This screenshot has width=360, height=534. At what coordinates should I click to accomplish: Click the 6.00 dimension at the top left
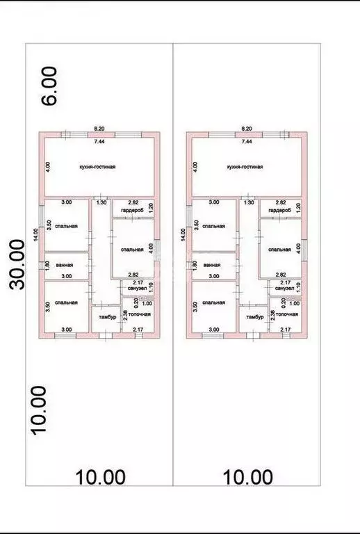click(50, 86)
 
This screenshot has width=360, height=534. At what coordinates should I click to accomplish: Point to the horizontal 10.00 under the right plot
click(248, 477)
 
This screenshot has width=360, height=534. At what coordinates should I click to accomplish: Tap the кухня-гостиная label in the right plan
click(244, 167)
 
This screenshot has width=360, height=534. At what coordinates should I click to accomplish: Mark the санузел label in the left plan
click(137, 288)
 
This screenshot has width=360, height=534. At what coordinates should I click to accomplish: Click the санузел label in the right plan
click(284, 288)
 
